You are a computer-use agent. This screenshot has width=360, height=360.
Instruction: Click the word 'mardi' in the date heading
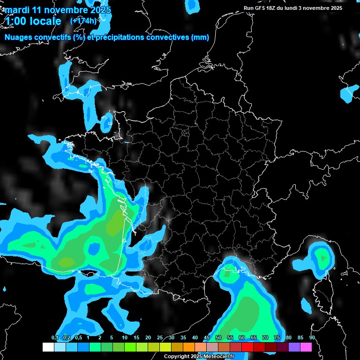15,9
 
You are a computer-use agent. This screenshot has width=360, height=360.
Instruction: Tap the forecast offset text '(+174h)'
83,21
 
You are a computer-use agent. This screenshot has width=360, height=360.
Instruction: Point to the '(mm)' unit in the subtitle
200,37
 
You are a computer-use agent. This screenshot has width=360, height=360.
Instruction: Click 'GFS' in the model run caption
264,8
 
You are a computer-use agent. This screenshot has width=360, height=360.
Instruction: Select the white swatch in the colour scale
48,347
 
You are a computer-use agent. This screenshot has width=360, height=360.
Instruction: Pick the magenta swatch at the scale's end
306,347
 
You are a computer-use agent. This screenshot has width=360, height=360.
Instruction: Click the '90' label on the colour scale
312,338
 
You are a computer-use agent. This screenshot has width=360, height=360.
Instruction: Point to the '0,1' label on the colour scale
55,338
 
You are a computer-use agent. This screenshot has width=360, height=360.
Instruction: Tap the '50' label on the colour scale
218,338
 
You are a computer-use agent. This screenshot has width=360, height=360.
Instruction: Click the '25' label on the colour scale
160,338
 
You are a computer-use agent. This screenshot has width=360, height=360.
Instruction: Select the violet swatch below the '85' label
294,347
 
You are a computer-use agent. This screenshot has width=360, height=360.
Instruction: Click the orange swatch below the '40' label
188,347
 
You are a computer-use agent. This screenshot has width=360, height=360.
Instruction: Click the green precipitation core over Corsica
322,256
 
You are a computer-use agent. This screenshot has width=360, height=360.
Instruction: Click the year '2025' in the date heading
98,9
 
